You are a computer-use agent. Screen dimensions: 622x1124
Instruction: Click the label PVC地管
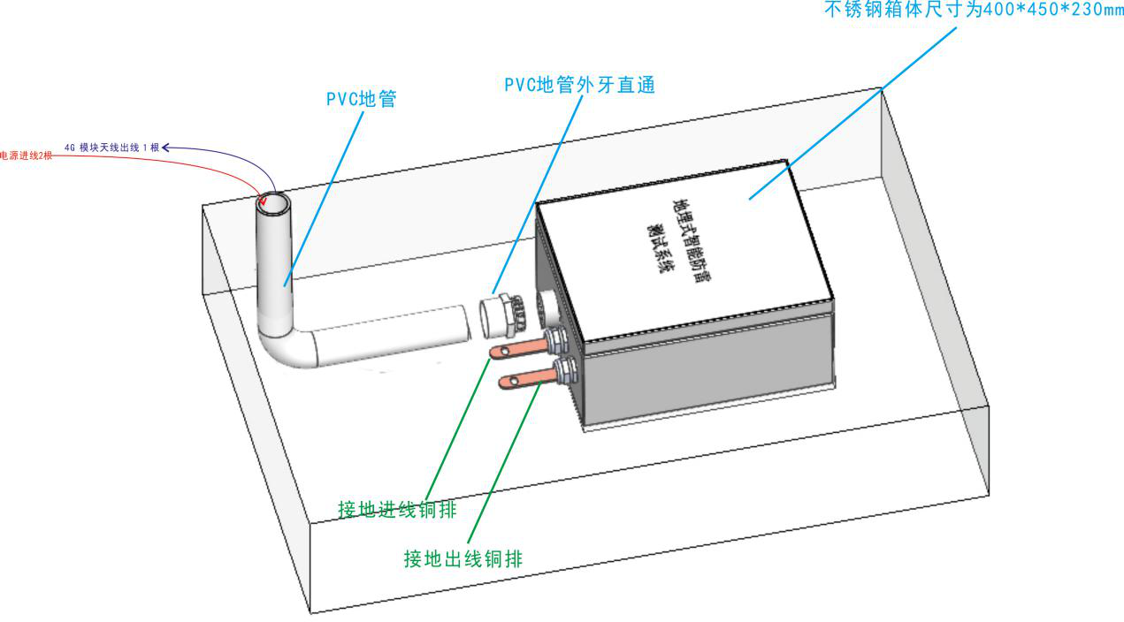(361, 99)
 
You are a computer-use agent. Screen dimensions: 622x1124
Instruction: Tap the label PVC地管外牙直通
(578, 85)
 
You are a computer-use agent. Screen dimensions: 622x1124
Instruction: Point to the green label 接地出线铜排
(463, 558)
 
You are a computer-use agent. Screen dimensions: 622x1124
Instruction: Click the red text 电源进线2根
(27, 155)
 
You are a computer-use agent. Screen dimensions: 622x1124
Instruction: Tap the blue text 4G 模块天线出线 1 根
(111, 148)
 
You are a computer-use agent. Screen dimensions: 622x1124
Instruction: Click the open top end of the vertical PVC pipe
(273, 202)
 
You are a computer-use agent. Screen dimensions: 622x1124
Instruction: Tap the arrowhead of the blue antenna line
(165, 148)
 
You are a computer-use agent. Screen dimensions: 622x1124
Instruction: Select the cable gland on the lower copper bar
(562, 368)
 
